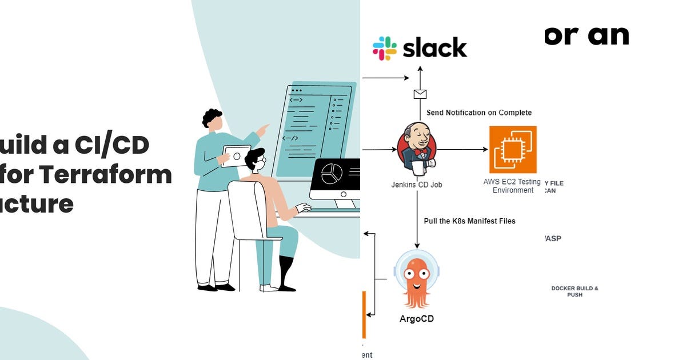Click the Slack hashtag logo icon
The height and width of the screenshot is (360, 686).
(x=385, y=49)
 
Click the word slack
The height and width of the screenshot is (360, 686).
(x=435, y=49)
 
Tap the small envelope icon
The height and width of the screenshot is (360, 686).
(x=420, y=94)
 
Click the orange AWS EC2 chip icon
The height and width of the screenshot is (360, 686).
(x=513, y=150)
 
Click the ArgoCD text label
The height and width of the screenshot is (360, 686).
(x=416, y=319)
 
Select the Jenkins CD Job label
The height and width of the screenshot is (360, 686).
(x=416, y=185)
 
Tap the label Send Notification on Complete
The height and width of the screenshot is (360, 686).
(x=479, y=113)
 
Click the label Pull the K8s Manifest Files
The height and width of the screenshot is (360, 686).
(x=469, y=221)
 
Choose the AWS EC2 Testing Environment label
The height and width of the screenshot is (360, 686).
(x=513, y=186)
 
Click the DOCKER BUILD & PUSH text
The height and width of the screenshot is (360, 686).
(x=575, y=291)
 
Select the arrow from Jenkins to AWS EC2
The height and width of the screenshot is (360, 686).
(x=462, y=150)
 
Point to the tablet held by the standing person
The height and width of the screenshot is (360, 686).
(x=236, y=155)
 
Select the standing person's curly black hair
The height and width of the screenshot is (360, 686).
(x=212, y=117)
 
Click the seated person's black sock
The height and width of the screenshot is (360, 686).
(x=285, y=271)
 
